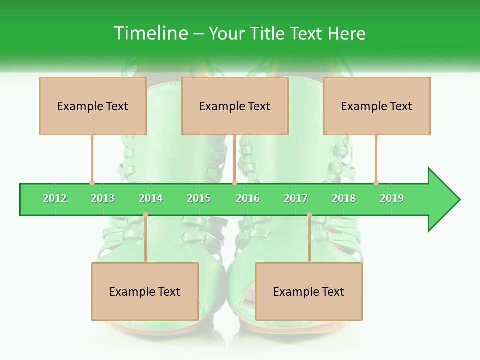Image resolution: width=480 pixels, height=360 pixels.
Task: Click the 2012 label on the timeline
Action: tap(55, 198)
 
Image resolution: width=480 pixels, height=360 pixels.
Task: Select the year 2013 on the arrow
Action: tap(103, 198)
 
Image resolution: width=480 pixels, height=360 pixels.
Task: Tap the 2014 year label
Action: tap(151, 198)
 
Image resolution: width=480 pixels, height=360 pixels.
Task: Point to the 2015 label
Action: tap(199, 198)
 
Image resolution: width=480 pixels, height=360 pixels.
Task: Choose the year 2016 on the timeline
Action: tap(248, 198)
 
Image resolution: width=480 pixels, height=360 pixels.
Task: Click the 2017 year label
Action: tap(296, 198)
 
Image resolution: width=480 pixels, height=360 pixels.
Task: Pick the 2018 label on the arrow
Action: tap(344, 198)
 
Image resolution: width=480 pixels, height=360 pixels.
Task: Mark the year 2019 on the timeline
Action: tap(392, 198)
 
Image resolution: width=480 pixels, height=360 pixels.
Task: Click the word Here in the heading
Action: tap(346, 33)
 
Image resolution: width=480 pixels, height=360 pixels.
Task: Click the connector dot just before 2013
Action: tap(92, 183)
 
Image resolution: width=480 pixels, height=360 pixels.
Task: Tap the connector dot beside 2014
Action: tap(145, 215)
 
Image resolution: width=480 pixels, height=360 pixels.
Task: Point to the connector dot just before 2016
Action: tap(234, 183)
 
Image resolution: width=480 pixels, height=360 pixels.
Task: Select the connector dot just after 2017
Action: tap(309, 215)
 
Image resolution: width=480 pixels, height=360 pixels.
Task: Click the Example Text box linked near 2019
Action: tap(377, 106)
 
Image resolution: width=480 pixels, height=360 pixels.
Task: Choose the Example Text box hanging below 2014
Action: tap(145, 291)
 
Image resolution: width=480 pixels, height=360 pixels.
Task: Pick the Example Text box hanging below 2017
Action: tap(309, 291)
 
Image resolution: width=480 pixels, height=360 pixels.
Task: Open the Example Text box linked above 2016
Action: tap(235, 106)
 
